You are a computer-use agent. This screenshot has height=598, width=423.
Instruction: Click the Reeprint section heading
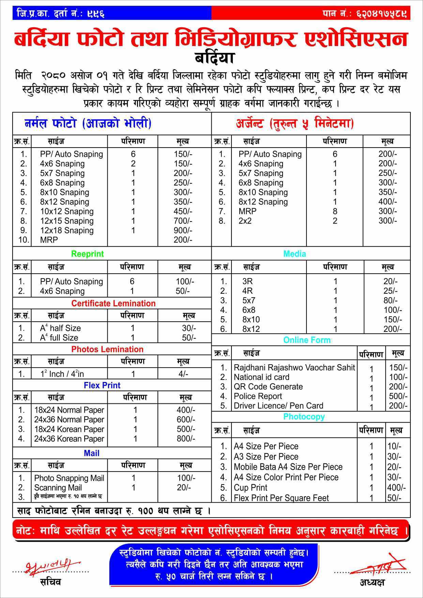coord(87,254)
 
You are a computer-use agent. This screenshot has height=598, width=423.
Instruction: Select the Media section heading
coord(294,254)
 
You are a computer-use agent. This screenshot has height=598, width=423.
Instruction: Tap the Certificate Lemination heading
coord(113,303)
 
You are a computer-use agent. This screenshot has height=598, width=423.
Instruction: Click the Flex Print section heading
coord(102,385)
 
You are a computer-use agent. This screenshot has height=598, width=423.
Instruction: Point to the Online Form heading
coord(307,340)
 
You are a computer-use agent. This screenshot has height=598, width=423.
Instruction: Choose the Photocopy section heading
coord(304,417)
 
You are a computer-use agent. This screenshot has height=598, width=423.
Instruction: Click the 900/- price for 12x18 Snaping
coord(183,230)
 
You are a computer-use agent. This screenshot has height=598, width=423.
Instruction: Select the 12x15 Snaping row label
coord(67,221)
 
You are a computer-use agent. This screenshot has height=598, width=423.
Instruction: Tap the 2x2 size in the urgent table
coord(245,221)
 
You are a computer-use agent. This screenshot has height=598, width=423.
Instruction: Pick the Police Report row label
coord(258,396)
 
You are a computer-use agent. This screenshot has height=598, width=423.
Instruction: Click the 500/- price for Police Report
coord(398,396)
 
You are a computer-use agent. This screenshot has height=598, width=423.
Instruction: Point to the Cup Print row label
coord(251,488)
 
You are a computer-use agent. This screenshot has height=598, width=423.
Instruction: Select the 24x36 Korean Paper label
coord(69,439)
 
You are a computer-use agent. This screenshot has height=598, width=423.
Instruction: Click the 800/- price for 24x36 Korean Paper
coord(186,439)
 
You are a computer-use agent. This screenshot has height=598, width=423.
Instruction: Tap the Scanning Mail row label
coord(58,488)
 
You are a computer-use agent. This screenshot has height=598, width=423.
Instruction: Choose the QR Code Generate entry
coord(268,387)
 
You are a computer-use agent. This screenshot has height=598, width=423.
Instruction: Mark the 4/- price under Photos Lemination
coord(183,374)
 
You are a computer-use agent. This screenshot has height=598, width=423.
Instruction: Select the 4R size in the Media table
coord(247,291)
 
